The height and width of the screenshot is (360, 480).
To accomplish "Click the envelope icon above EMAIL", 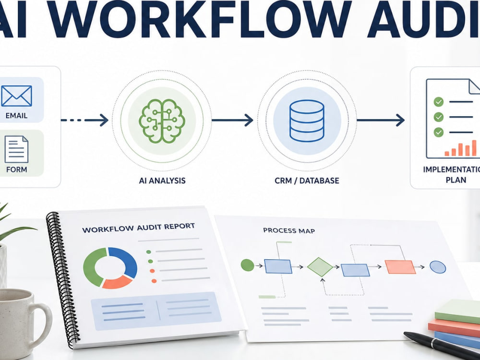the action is (16, 96).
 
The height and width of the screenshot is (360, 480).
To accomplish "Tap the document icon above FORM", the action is (16, 149).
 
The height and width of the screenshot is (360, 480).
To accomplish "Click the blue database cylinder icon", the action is (307, 120).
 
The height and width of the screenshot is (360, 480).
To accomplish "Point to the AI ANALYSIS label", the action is (162, 180).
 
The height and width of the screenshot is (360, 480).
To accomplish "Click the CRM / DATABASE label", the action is (307, 180).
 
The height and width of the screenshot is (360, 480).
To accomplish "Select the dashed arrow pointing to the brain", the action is (85, 120).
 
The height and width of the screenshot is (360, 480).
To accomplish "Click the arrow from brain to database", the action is (232, 120).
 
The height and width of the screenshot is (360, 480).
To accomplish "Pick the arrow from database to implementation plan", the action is (381, 120).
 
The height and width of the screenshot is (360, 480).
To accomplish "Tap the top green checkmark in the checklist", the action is (439, 102).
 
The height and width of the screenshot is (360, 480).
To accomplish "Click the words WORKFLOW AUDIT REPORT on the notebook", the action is (138, 228).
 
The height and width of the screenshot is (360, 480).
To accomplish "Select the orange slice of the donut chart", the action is (117, 282).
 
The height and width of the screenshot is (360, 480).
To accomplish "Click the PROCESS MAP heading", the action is (289, 230).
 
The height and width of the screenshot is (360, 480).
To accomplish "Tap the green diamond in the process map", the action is (320, 267).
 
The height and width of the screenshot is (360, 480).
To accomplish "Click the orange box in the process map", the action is (400, 266).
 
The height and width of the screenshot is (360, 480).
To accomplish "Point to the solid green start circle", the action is (247, 265).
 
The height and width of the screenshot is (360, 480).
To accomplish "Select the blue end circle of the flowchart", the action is (438, 267).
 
